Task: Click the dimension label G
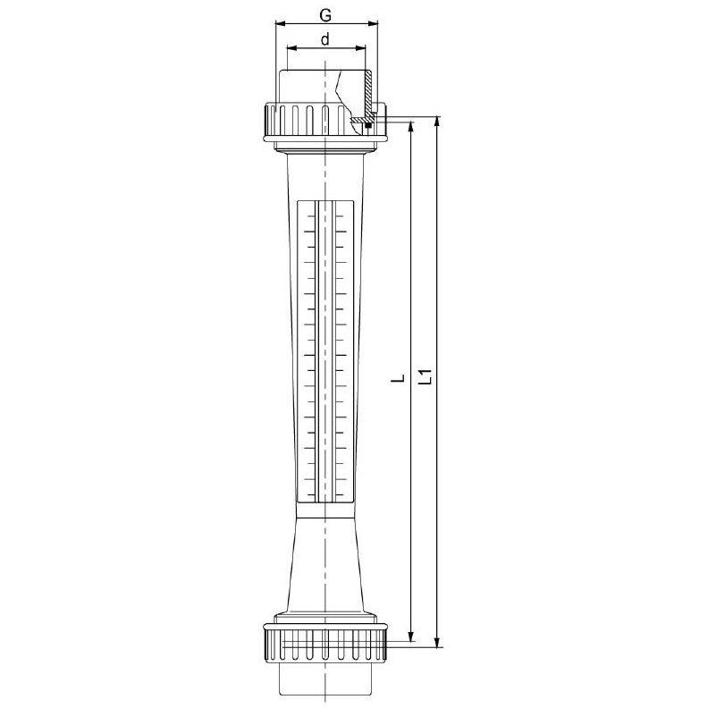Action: pos(325,15)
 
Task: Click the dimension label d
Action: pos(325,39)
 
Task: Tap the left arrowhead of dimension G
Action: pos(280,22)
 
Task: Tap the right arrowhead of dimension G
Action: pos(373,22)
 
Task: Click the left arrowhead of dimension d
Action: pos(291,47)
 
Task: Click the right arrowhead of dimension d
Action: pos(360,47)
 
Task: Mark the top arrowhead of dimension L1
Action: pos(436,122)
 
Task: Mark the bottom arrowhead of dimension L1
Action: pos(436,642)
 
